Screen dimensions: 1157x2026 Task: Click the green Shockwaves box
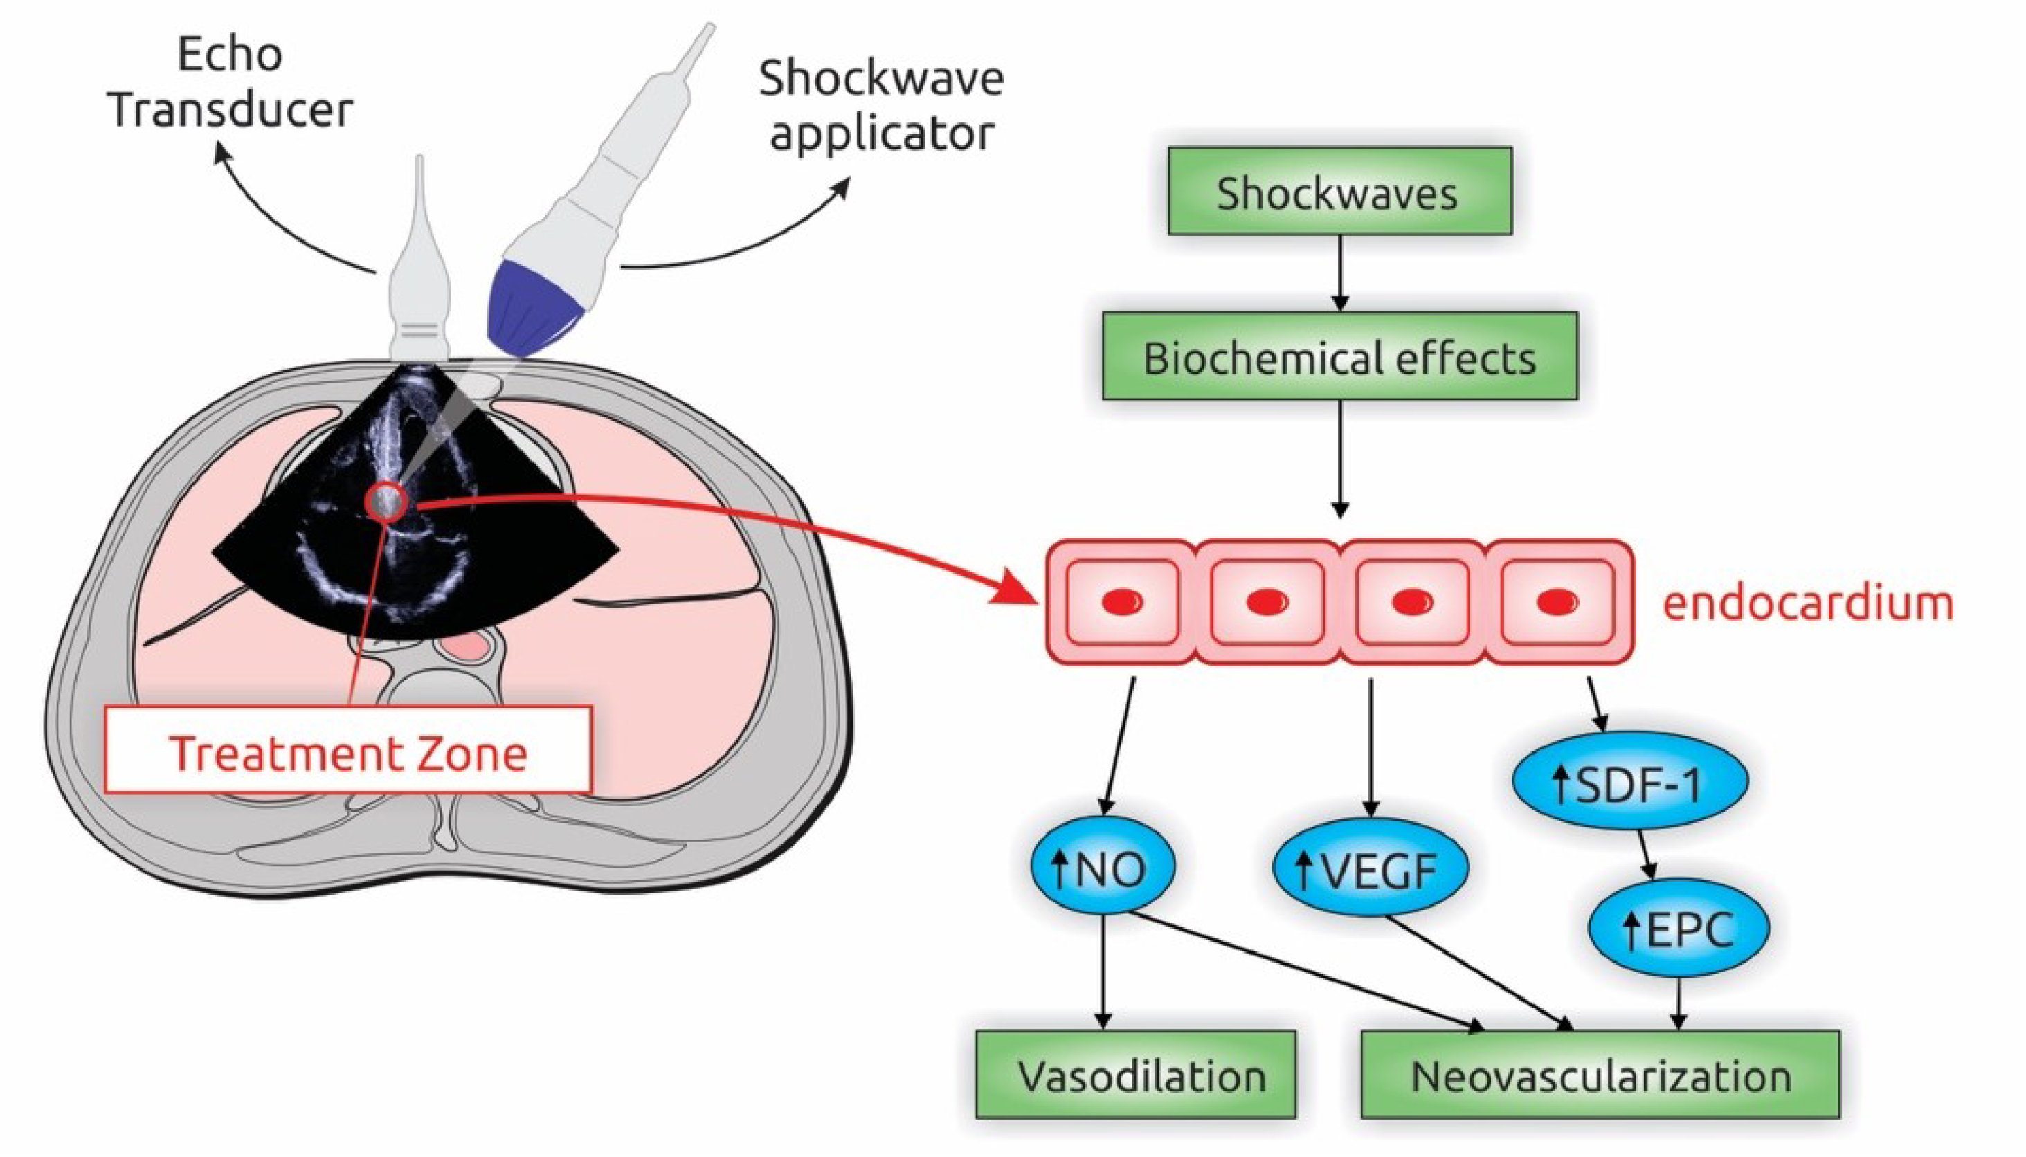click(x=1339, y=192)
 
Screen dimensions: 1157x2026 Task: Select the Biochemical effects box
click(x=1339, y=357)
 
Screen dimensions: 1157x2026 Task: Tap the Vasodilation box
click(x=1136, y=1075)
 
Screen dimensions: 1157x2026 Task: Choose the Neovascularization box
click(x=1600, y=1075)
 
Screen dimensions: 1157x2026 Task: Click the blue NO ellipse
click(x=1102, y=868)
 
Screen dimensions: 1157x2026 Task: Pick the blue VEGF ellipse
click(x=1371, y=868)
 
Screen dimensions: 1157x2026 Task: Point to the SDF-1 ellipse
click(x=1629, y=782)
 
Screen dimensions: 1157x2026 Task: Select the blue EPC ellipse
click(x=1679, y=927)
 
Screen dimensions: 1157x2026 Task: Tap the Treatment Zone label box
click(x=348, y=750)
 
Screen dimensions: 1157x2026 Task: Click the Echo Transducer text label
click(x=230, y=82)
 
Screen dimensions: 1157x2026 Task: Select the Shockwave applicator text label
click(x=880, y=106)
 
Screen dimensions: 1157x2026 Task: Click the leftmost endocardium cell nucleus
click(x=1121, y=601)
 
